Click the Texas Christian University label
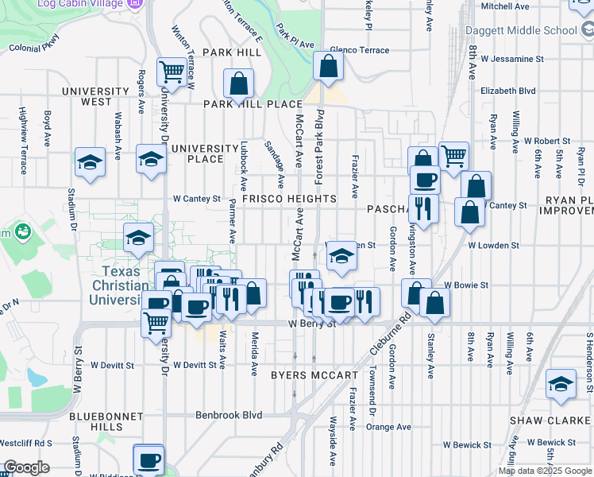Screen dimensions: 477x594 pyautogui.click(x=118, y=285)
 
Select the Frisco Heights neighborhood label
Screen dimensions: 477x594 pyautogui.click(x=290, y=198)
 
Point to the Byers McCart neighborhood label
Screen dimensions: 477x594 pyautogui.click(x=314, y=374)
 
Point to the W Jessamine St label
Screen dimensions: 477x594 pyautogui.click(x=517, y=59)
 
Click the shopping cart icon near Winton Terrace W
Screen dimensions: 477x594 pyautogui.click(x=172, y=72)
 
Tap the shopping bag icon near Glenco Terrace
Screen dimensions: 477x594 pyautogui.click(x=328, y=66)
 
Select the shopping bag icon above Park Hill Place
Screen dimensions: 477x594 pyautogui.click(x=238, y=83)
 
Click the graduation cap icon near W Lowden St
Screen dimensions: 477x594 pyautogui.click(x=341, y=255)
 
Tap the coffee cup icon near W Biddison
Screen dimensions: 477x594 pyautogui.click(x=148, y=459)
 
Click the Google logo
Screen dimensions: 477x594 pyautogui.click(x=26, y=467)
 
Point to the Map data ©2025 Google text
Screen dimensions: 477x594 pyautogui.click(x=545, y=471)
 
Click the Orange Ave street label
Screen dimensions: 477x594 pyautogui.click(x=388, y=427)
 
